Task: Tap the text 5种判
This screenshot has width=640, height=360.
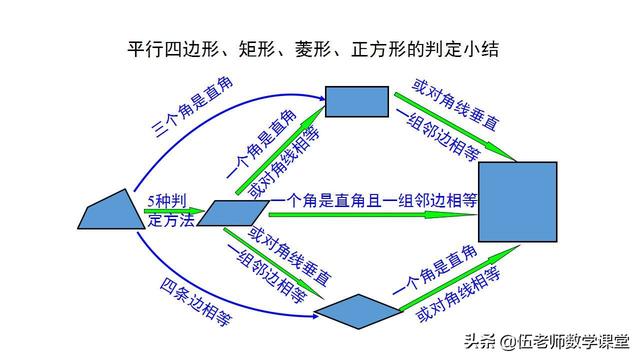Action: (x=167, y=200)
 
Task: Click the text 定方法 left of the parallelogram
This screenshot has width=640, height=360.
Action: (x=167, y=220)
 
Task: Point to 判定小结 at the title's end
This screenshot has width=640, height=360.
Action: (x=467, y=49)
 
